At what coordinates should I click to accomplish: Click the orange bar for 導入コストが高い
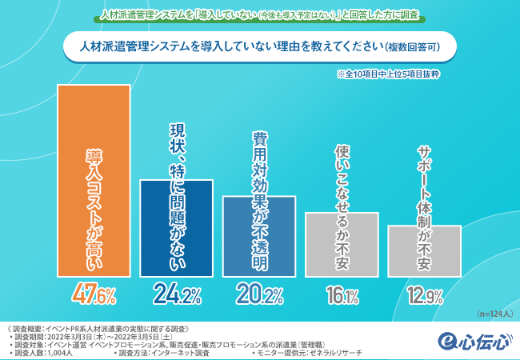(92, 180)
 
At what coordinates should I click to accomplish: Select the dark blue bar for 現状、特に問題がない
(176, 228)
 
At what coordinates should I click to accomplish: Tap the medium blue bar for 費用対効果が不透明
(260, 236)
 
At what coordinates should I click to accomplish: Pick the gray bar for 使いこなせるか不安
(342, 244)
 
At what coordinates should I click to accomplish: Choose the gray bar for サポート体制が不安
(424, 250)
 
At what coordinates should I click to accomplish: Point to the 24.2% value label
(176, 295)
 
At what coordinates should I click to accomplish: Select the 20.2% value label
(260, 295)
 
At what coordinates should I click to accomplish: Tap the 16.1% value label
(342, 297)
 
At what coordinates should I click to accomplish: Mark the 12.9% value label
(424, 297)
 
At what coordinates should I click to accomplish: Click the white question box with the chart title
(260, 46)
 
